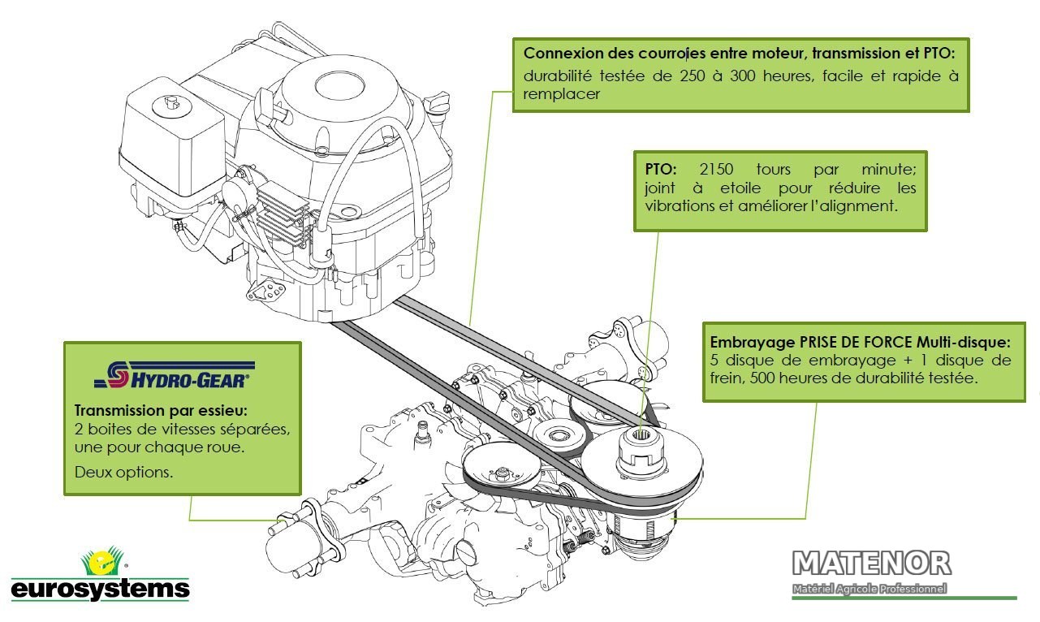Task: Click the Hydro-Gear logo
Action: click(175, 375)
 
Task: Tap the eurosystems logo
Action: click(101, 574)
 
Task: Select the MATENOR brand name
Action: click(871, 564)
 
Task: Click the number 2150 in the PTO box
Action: click(716, 169)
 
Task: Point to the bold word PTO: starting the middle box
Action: click(661, 169)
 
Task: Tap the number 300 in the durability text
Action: click(743, 76)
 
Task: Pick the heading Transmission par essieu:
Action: click(161, 411)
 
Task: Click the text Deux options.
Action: click(123, 473)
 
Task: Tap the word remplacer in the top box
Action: click(561, 94)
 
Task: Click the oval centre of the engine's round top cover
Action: click(339, 85)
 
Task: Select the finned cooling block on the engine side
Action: click(283, 214)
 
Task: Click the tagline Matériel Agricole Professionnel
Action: click(870, 589)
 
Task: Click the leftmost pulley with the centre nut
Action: click(502, 471)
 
